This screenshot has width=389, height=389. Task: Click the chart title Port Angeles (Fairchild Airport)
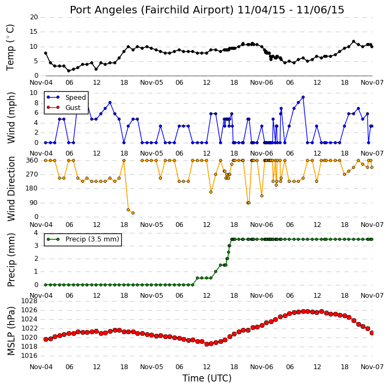coord(152,10)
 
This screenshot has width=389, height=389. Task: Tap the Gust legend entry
coord(64,107)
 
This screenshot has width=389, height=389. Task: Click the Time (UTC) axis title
coord(207,378)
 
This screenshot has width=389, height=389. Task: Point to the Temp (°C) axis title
coord(10,47)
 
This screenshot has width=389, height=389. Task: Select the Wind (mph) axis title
coord(11,118)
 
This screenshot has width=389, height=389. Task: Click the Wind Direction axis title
coord(11,189)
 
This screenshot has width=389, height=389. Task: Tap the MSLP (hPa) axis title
coord(11,331)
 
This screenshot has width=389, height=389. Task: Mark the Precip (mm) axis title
coord(11,260)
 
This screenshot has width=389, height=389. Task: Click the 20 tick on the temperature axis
coord(34,17)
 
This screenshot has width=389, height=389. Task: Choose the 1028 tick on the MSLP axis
coord(30,301)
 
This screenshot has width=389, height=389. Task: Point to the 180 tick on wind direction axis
coord(32,188)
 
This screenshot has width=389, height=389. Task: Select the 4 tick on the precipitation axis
coord(36,233)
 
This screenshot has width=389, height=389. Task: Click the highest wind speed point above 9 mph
coord(303,97)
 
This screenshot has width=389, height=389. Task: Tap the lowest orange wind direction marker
coord(133,213)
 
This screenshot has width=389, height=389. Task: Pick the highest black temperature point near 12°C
coord(354,41)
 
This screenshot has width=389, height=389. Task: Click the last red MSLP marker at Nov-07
coord(372,333)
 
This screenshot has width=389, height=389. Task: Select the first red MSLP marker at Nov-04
coord(46,339)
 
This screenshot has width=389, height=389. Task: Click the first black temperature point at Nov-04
coord(46,53)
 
